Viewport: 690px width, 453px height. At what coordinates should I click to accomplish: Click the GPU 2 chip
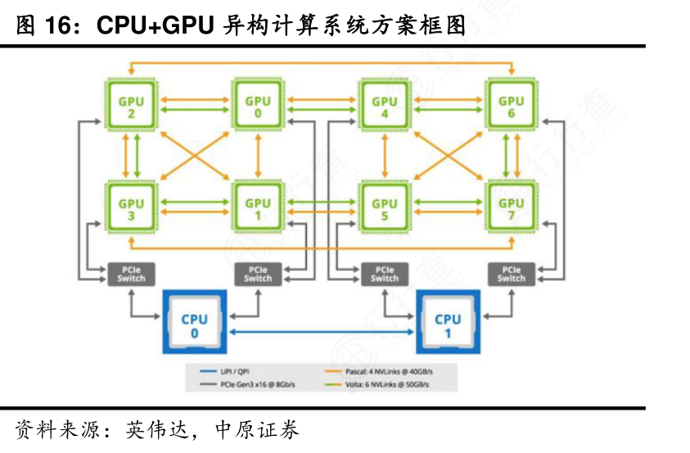pyautogui.click(x=131, y=106)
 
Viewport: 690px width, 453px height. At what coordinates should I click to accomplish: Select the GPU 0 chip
pyautogui.click(x=258, y=106)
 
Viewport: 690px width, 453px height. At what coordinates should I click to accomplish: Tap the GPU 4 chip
pyautogui.click(x=385, y=106)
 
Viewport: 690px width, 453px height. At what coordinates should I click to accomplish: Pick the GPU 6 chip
pyautogui.click(x=512, y=106)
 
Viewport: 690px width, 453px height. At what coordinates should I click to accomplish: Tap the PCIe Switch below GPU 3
pyautogui.click(x=131, y=274)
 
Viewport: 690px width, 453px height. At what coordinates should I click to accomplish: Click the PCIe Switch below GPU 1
pyautogui.click(x=258, y=274)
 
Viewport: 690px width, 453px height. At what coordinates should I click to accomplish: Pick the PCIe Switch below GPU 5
pyautogui.click(x=385, y=274)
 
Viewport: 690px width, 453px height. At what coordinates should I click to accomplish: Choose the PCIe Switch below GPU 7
pyautogui.click(x=512, y=274)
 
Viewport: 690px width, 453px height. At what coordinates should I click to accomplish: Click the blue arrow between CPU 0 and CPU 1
pyautogui.click(x=322, y=331)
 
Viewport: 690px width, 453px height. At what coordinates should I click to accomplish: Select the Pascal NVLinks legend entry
pyautogui.click(x=385, y=370)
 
